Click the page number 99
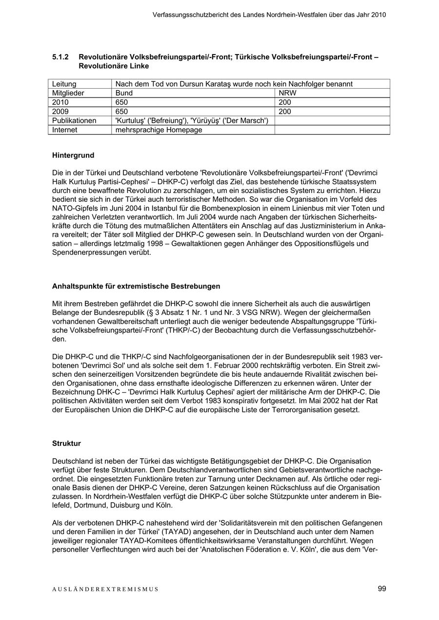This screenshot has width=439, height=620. pos(381,589)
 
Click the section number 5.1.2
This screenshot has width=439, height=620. pos(61,57)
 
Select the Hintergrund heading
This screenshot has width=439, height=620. pos(73,155)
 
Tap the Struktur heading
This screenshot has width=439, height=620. pos(66,444)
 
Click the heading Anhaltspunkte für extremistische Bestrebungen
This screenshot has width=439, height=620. pos(136,286)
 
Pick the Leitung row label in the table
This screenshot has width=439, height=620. pos(64,84)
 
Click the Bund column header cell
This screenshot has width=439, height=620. pos(124,93)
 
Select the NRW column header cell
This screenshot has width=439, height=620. pos(287,93)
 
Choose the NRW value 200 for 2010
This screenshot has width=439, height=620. pos(285,102)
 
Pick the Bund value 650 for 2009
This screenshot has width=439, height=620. pos(121,112)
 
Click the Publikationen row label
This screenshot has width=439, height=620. pos(74,121)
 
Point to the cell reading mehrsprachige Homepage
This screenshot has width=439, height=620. pos(159,130)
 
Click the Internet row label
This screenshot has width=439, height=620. pos(65,130)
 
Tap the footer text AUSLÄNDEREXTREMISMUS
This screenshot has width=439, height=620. pos(105,589)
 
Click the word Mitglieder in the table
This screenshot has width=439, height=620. pos(68,93)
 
